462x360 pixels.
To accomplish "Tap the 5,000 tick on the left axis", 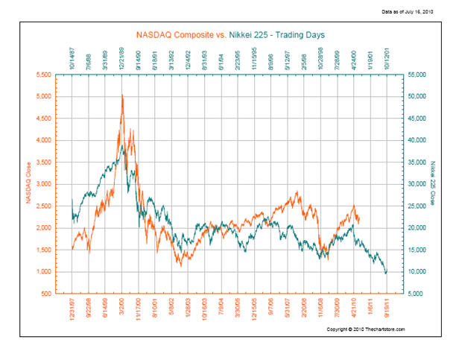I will coord(43,97).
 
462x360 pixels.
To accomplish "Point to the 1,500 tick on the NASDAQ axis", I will coord(43,250).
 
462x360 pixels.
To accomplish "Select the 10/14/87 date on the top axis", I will coord(72,58).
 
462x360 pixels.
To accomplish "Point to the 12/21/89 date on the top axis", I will coord(121,58).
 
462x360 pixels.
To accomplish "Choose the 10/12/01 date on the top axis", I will coord(387,58).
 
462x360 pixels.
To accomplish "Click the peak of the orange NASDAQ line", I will coord(121,95).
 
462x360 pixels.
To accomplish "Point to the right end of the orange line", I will coord(359,221).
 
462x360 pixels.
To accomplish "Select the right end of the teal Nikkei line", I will coord(386,273).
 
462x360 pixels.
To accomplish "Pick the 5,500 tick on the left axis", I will coord(43,75).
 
